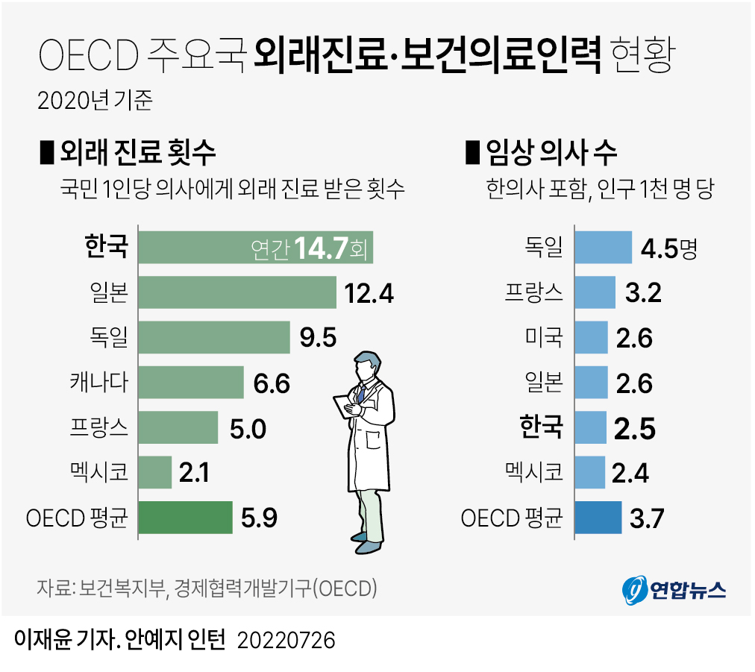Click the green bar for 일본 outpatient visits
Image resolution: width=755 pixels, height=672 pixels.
237,292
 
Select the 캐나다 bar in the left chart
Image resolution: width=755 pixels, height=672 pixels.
191,383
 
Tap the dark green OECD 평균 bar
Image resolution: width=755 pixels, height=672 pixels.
186,517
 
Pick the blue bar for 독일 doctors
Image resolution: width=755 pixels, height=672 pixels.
603,248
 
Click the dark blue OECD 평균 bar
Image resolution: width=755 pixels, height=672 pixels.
598,517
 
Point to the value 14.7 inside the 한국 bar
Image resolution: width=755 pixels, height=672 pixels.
322,248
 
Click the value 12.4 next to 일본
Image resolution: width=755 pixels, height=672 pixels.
369,293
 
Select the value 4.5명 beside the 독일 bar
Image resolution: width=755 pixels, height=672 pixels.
668,248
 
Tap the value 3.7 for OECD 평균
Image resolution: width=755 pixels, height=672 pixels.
646,518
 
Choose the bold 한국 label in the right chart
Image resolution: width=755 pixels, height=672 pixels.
541,427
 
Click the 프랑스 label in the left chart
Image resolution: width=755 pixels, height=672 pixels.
98,427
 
